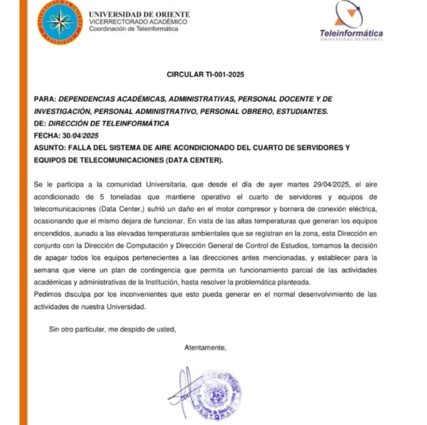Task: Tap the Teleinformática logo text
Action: click(351, 33)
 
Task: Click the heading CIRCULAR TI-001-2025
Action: click(205, 75)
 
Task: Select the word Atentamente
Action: click(205, 348)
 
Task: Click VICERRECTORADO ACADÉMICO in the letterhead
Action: click(138, 22)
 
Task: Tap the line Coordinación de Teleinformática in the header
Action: click(133, 29)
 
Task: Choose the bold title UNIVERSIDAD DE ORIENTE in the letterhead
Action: click(139, 15)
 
